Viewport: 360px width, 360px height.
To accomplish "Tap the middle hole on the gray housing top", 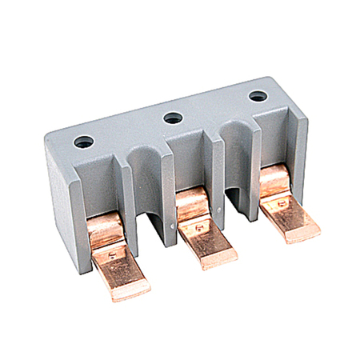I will (x=170, y=118).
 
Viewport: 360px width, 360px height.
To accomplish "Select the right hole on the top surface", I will (x=256, y=96).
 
